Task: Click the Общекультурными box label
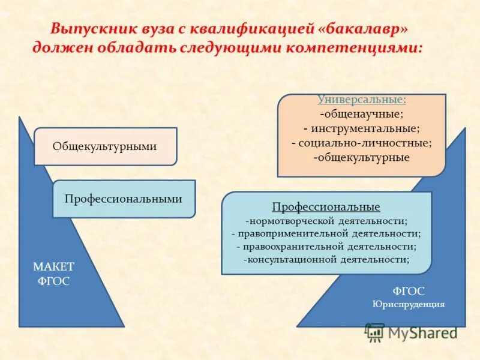tap(105, 146)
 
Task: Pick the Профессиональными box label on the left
tap(124, 199)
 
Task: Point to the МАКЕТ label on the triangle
tap(54, 267)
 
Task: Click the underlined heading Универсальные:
tap(361, 100)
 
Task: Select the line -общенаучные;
tap(361, 113)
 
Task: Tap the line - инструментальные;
tap(361, 128)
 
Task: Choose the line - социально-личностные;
tap(361, 143)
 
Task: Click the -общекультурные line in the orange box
tap(361, 157)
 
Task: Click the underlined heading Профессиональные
tap(326, 207)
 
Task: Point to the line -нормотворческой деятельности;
tap(326, 220)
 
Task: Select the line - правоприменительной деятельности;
tap(326, 233)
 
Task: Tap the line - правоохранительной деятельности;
tap(326, 247)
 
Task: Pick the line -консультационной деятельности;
tap(326, 260)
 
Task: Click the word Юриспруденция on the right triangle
tap(409, 304)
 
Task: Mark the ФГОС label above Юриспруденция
tap(409, 291)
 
